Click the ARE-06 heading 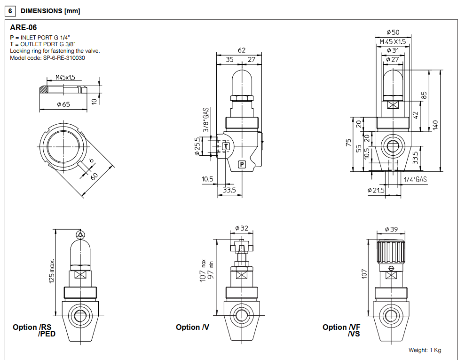point(23,28)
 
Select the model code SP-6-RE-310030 point(47,58)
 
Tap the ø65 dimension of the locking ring point(63,104)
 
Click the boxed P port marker point(242,164)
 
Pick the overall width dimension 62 point(242,50)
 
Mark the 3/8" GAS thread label point(206,120)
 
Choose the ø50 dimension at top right point(393,32)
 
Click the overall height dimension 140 point(435,124)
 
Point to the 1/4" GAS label point(415,179)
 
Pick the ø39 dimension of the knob point(391,229)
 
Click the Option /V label point(192,327)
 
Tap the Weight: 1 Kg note point(425,350)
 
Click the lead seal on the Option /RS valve point(80,234)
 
